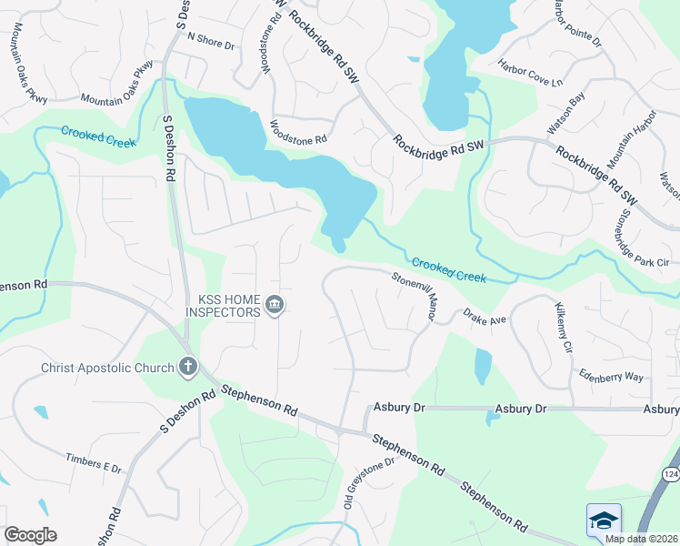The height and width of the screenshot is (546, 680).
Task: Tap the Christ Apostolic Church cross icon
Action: tap(188, 368)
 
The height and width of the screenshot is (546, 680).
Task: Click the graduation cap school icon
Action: tap(604, 521)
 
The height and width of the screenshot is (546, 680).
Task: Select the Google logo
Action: tap(31, 535)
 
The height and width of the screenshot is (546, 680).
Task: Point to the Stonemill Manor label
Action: tap(415, 297)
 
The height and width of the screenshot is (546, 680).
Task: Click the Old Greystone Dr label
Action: tap(368, 482)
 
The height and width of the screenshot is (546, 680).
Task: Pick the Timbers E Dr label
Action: tap(94, 462)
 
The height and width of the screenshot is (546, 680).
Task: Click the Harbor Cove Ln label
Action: tap(530, 72)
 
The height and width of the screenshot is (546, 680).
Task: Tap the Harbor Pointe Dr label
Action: tap(576, 24)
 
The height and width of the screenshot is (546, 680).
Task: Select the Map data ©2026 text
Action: tap(642, 538)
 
